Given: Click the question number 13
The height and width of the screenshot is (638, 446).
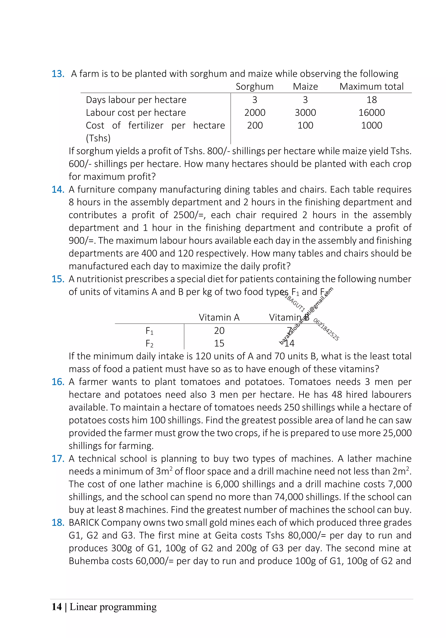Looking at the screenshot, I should point(57,74).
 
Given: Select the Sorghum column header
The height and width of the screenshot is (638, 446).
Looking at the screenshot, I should point(254,87).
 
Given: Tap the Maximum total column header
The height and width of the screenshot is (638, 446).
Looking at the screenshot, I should point(371,87).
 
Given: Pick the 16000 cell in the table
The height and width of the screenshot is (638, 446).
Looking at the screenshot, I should point(371,113).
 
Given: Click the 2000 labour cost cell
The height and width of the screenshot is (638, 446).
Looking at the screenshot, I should point(255,113).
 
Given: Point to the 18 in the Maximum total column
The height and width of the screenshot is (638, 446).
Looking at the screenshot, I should point(371,100).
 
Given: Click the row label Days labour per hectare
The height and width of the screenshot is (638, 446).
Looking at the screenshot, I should point(136,100).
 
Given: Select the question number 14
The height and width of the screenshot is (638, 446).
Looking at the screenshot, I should point(57,189).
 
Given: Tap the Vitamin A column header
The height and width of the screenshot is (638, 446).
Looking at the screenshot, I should point(219,317).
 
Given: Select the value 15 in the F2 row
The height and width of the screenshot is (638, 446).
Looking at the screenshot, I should point(219,343).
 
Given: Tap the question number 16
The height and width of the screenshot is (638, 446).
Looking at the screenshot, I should point(57,382).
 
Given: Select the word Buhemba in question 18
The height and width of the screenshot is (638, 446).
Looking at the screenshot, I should point(89,561).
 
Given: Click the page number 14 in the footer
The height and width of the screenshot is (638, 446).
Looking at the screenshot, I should point(56,607).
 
